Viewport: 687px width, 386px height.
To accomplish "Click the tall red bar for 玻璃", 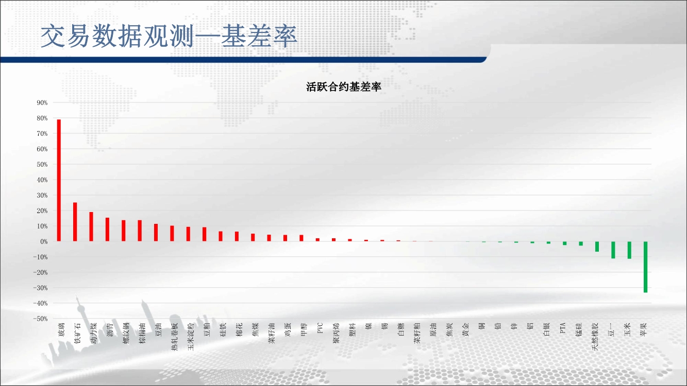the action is [59, 180].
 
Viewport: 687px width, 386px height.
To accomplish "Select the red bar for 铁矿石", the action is [75, 222].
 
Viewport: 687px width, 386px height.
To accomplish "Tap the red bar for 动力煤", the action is [91, 226].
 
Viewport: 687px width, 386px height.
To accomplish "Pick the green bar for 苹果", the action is [646, 267].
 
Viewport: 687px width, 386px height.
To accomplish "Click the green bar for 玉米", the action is [629, 250].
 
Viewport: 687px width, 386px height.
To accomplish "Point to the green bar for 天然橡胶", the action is [597, 247].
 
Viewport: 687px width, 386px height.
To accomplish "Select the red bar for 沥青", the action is [107, 230].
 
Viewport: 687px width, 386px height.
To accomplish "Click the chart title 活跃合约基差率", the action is [343, 87].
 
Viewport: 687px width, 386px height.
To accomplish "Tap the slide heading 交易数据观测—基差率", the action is [169, 36].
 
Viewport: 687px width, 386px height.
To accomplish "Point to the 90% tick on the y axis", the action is [42, 102].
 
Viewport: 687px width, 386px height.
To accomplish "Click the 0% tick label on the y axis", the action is [44, 241].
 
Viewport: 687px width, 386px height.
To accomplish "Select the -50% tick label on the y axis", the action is [41, 319].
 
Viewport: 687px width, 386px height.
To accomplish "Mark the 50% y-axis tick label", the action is [42, 165].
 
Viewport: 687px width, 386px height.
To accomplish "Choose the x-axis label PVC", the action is [320, 328].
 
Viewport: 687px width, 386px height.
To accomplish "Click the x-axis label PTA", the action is [562, 328].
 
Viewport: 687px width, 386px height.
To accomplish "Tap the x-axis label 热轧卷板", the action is [174, 337].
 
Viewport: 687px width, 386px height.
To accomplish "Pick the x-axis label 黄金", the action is [465, 329].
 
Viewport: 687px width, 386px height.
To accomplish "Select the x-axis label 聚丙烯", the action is [336, 332].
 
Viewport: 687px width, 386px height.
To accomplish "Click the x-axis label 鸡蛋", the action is [288, 329].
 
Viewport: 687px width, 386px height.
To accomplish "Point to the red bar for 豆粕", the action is [204, 234].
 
